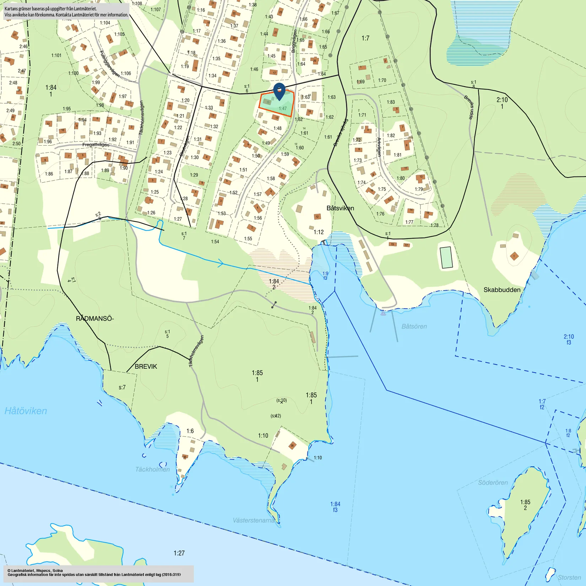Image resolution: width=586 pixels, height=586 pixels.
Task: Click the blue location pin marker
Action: tap(280, 91)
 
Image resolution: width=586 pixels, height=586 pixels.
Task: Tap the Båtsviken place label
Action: tap(340, 208)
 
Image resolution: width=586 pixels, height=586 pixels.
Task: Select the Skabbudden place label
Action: tap(502, 290)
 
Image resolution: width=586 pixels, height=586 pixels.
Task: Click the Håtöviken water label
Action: tap(26, 411)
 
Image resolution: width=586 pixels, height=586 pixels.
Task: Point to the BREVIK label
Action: tap(146, 367)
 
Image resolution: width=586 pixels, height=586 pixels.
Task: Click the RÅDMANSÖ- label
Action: tap(94, 319)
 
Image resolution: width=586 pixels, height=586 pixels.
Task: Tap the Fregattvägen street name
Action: tap(96, 145)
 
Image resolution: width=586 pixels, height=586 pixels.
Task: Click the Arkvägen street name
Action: tap(379, 147)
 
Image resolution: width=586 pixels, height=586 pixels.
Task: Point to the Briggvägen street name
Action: tap(294, 41)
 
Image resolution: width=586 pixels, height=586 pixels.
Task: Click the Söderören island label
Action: tap(493, 483)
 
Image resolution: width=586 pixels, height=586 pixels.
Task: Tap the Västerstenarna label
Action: tap(254, 520)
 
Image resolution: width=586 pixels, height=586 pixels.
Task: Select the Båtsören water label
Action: tap(414, 326)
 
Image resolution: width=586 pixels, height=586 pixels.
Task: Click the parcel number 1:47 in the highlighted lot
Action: tap(283, 108)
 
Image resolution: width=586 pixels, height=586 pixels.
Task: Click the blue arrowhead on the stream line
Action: tap(221, 264)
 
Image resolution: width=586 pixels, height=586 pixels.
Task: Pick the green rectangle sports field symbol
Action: tap(446, 257)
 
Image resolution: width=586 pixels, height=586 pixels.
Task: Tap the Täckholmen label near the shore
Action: tap(152, 470)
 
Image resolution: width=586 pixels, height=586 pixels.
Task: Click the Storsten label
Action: tap(569, 577)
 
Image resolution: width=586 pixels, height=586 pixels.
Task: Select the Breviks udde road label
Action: tap(469, 107)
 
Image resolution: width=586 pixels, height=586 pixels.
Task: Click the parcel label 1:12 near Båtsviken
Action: tap(319, 232)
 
